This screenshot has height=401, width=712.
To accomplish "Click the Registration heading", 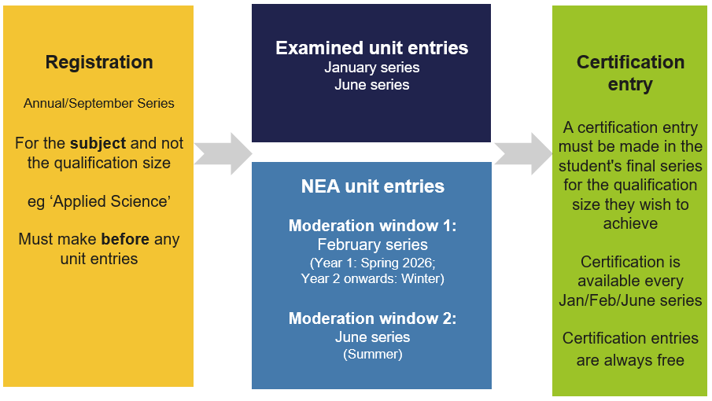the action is pyautogui.click(x=99, y=63).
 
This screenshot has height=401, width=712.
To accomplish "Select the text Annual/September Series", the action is pyautogui.click(x=99, y=104).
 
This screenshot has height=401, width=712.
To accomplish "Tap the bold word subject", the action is pyautogui.click(x=98, y=143).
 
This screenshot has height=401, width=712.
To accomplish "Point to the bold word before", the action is pyautogui.click(x=125, y=239).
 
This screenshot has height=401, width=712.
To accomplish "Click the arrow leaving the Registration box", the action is pyautogui.click(x=223, y=154).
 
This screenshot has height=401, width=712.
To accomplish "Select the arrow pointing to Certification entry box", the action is pyautogui.click(x=523, y=154).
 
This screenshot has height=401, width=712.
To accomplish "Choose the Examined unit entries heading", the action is pyautogui.click(x=372, y=48).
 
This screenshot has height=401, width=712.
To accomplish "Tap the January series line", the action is pyautogui.click(x=372, y=68).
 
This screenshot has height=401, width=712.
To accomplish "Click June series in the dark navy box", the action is pyautogui.click(x=372, y=85).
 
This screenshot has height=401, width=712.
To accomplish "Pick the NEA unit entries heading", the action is pyautogui.click(x=373, y=186).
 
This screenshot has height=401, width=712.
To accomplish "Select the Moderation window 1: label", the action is pyautogui.click(x=372, y=226).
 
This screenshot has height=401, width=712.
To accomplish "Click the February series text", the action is pyautogui.click(x=372, y=245).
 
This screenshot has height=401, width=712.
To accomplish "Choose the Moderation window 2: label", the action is pyautogui.click(x=372, y=318).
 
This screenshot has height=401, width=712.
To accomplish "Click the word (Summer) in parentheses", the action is pyautogui.click(x=373, y=355).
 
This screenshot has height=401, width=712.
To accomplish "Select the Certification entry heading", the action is pyautogui.click(x=630, y=73).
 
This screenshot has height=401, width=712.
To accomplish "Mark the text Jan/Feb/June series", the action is pyautogui.click(x=630, y=300).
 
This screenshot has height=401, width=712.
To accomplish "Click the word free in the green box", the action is pyautogui.click(x=670, y=360).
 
